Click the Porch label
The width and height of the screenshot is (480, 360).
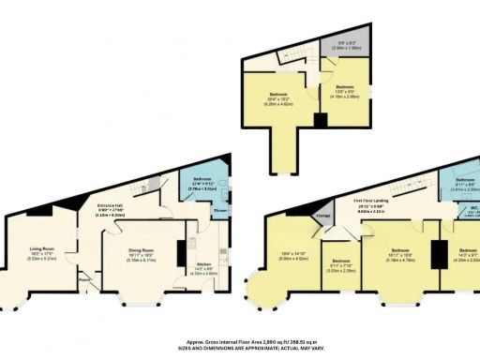click(84, 277)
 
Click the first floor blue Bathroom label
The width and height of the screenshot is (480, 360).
click(466, 179)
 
